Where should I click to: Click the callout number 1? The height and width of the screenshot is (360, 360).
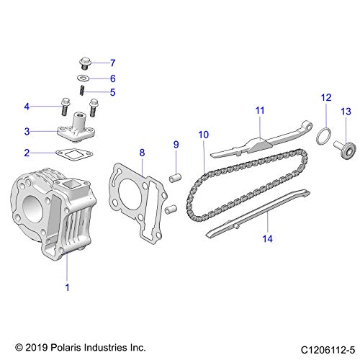click(x=67, y=287)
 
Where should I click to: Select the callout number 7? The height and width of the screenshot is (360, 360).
click(x=112, y=62)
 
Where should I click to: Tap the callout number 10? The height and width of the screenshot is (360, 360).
click(x=203, y=134)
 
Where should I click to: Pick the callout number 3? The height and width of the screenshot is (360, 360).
click(x=27, y=131)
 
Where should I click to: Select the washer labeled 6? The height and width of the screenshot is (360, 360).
click(x=84, y=78)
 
